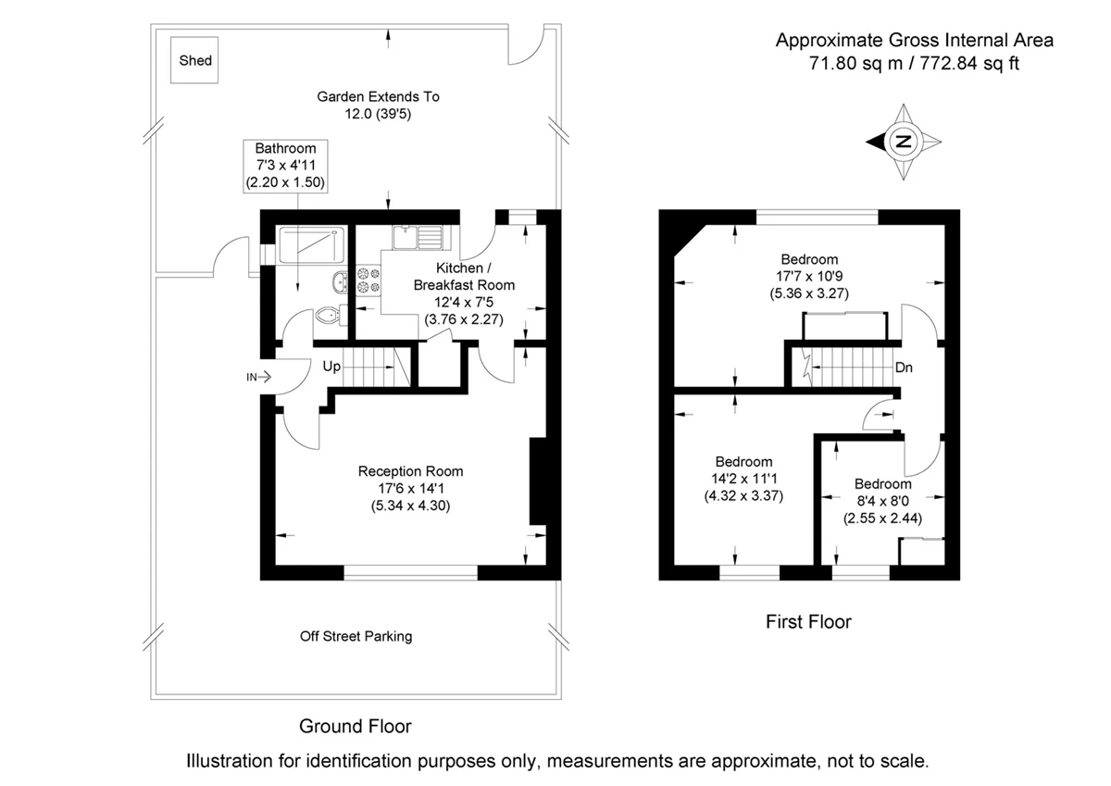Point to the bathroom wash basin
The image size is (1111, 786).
[x=339, y=281]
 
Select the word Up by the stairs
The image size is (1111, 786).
[x=332, y=367]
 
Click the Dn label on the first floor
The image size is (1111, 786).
[x=904, y=368]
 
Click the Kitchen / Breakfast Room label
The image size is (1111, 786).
[x=463, y=277]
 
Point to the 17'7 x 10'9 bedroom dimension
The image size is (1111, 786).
[x=809, y=276]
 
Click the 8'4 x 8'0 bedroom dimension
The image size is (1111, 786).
[x=882, y=501]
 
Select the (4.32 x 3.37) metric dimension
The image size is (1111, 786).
[x=743, y=495]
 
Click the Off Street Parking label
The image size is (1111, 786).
[x=356, y=636]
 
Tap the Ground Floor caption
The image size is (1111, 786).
[x=355, y=726]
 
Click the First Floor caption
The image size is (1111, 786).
[x=808, y=621]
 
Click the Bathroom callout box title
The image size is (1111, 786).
[x=285, y=148]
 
